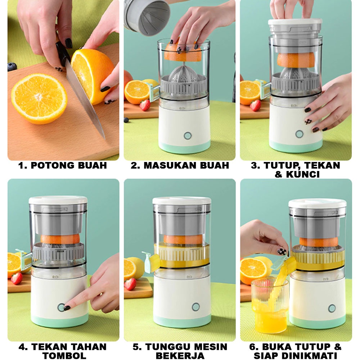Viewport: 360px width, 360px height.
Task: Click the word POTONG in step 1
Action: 53,165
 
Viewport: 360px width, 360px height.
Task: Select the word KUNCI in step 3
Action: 303,175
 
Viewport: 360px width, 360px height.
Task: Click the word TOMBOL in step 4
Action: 64,355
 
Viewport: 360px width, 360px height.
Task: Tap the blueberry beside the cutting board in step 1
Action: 12,67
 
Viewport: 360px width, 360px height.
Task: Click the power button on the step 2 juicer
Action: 188,136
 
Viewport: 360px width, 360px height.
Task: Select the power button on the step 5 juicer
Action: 195,307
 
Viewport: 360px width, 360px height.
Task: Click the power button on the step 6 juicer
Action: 332,309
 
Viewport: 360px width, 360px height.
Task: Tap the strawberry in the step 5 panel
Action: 130,284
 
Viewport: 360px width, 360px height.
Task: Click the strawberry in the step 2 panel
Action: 145,105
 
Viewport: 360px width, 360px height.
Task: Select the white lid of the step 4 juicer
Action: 58,200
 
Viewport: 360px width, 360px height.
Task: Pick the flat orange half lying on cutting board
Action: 39,98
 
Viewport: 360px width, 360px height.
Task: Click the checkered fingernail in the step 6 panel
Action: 282,251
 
